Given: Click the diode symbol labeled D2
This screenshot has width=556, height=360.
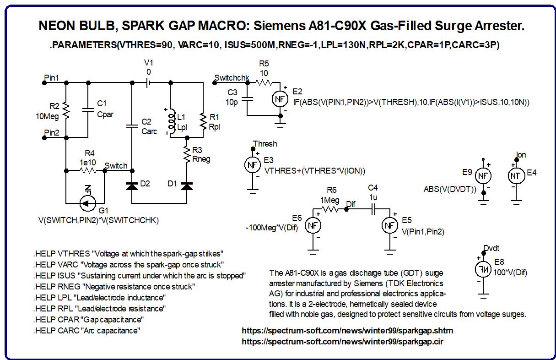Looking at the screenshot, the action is [x=132, y=186].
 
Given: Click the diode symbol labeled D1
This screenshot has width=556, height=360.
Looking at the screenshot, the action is [x=187, y=186].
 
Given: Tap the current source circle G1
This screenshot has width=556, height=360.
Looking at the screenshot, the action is [x=87, y=203].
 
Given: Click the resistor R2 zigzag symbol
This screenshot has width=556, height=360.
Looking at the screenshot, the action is [x=66, y=111].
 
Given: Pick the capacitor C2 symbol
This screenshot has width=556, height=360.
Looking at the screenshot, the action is [x=132, y=126].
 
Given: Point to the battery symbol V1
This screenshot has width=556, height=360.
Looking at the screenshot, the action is [x=148, y=83].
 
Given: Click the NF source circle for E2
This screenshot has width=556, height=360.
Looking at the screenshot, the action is [x=280, y=99].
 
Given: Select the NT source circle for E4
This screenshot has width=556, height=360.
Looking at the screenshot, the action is [x=516, y=176].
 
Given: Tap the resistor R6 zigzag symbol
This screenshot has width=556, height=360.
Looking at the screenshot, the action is [x=329, y=209].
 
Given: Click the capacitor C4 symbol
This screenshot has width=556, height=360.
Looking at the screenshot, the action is [x=373, y=209].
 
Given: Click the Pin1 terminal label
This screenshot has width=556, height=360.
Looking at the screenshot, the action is [x=51, y=78].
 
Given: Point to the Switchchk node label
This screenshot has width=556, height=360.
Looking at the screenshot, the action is [x=232, y=78].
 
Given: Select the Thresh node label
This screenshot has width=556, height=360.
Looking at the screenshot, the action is [x=265, y=144].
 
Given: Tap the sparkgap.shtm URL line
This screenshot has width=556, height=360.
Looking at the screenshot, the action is [x=347, y=330].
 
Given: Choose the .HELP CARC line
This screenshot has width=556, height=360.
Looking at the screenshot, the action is [x=86, y=331].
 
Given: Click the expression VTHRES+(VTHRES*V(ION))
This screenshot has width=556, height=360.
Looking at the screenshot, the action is [x=315, y=171].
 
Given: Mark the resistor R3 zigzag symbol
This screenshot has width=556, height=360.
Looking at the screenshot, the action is [x=187, y=154].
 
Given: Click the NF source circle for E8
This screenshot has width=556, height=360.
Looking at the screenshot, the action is [x=483, y=270].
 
